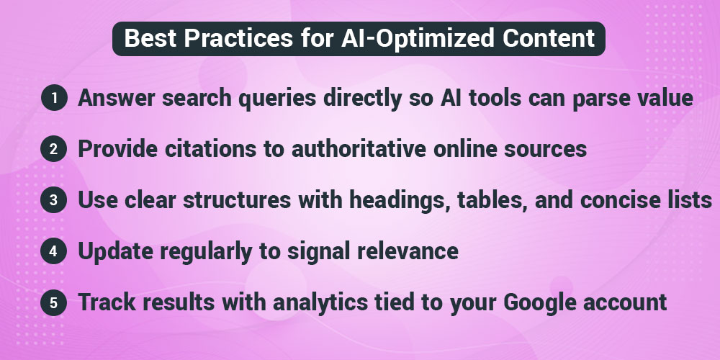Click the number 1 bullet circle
(53, 99)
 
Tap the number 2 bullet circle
(53, 150)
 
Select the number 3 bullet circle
(53, 201)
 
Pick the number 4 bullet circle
(53, 252)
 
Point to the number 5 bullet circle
(53, 303)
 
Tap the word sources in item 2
(544, 150)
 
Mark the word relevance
(406, 252)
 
